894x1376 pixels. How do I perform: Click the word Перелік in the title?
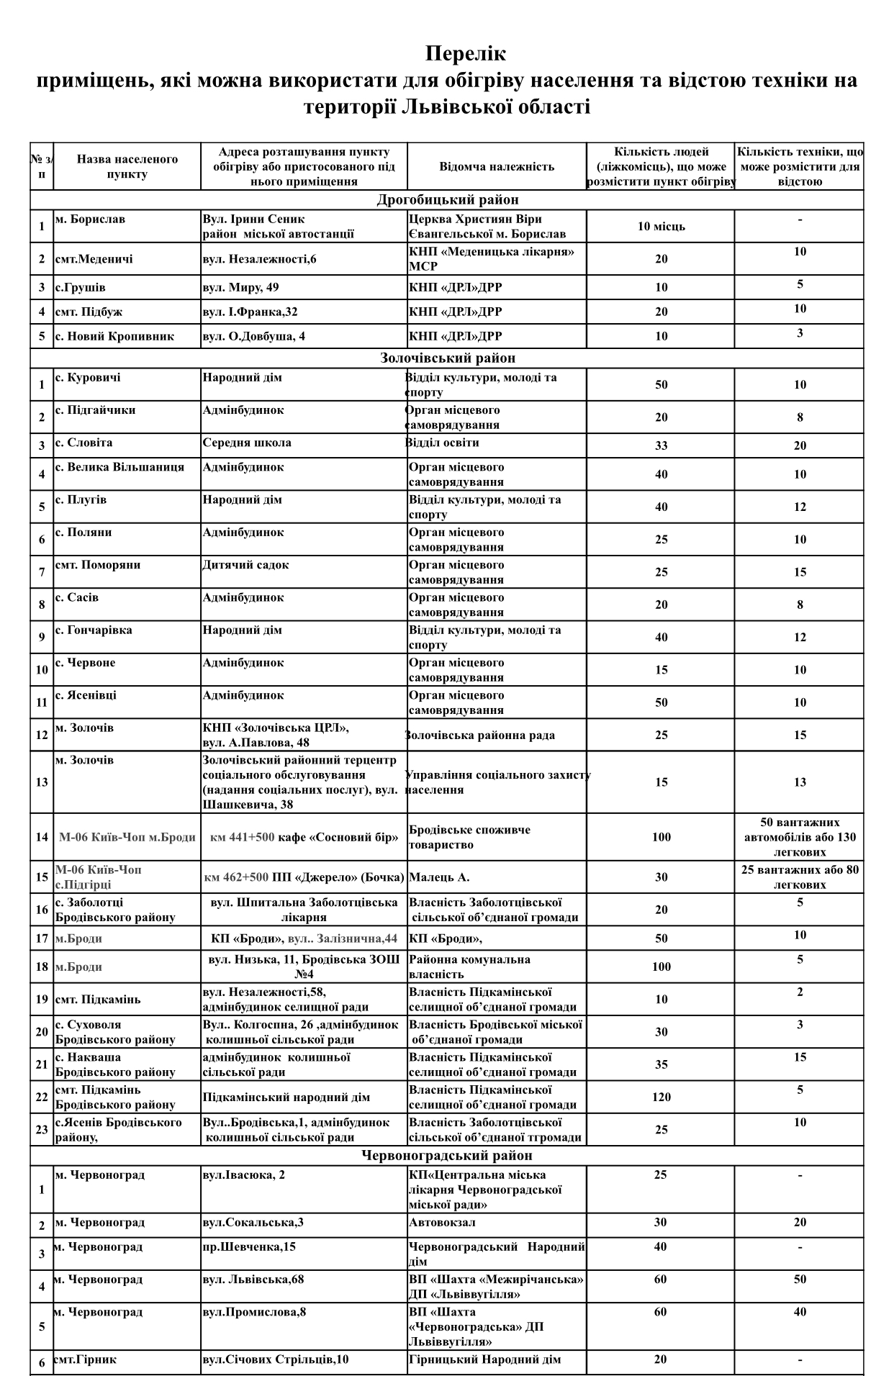click(x=466, y=54)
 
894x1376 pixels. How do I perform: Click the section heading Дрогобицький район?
click(x=447, y=200)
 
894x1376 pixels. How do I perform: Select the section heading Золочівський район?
click(x=447, y=358)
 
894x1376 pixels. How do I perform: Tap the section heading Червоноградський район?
click(x=447, y=1156)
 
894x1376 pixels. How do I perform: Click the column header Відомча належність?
click(x=497, y=166)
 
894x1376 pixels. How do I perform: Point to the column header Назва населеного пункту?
click(x=127, y=166)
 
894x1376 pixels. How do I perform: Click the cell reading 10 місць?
click(x=661, y=227)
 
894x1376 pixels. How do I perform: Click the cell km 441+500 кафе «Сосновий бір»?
click(x=304, y=837)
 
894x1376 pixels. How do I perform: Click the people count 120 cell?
click(x=661, y=1097)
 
